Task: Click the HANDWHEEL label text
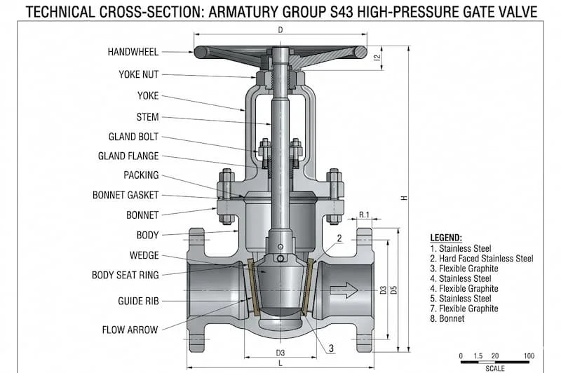133,52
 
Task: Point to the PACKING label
141,175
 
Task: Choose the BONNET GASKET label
126,195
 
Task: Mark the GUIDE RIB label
138,301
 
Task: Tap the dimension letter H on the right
404,198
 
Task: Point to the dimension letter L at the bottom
280,363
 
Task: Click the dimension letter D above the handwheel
280,29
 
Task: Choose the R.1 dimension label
364,214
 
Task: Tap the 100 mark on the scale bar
529,355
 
